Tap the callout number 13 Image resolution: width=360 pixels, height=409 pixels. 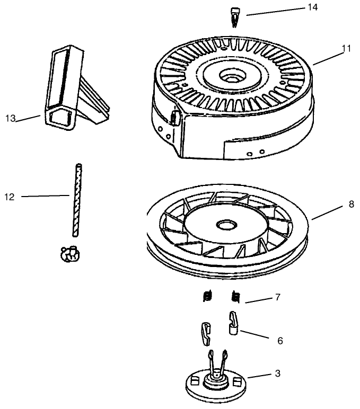click(10, 118)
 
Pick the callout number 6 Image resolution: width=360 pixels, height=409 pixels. click(280, 340)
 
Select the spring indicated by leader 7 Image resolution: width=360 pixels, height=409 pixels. click(236, 298)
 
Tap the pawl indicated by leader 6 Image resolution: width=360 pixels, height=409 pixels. click(233, 323)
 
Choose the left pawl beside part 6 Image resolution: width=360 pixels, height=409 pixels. click(206, 332)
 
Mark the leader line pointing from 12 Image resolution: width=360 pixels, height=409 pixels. click(45, 197)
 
